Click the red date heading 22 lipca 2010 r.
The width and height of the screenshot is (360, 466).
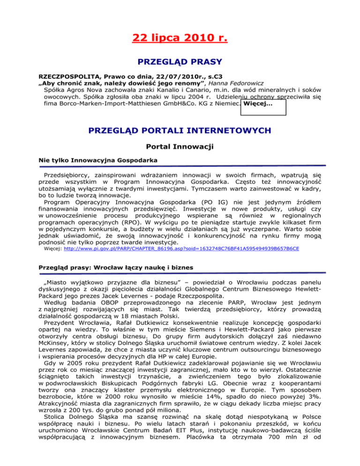click(180, 36)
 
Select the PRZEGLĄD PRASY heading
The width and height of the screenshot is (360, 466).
click(180, 61)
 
